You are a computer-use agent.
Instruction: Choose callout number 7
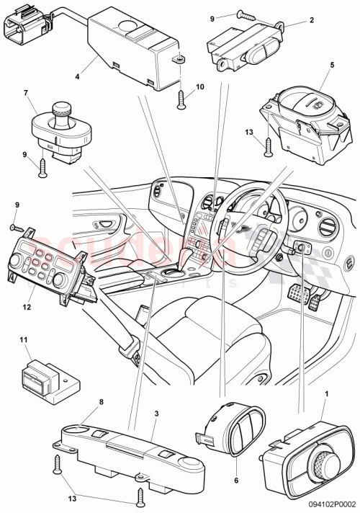(x=26, y=94)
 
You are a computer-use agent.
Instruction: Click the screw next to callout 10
(x=179, y=101)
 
